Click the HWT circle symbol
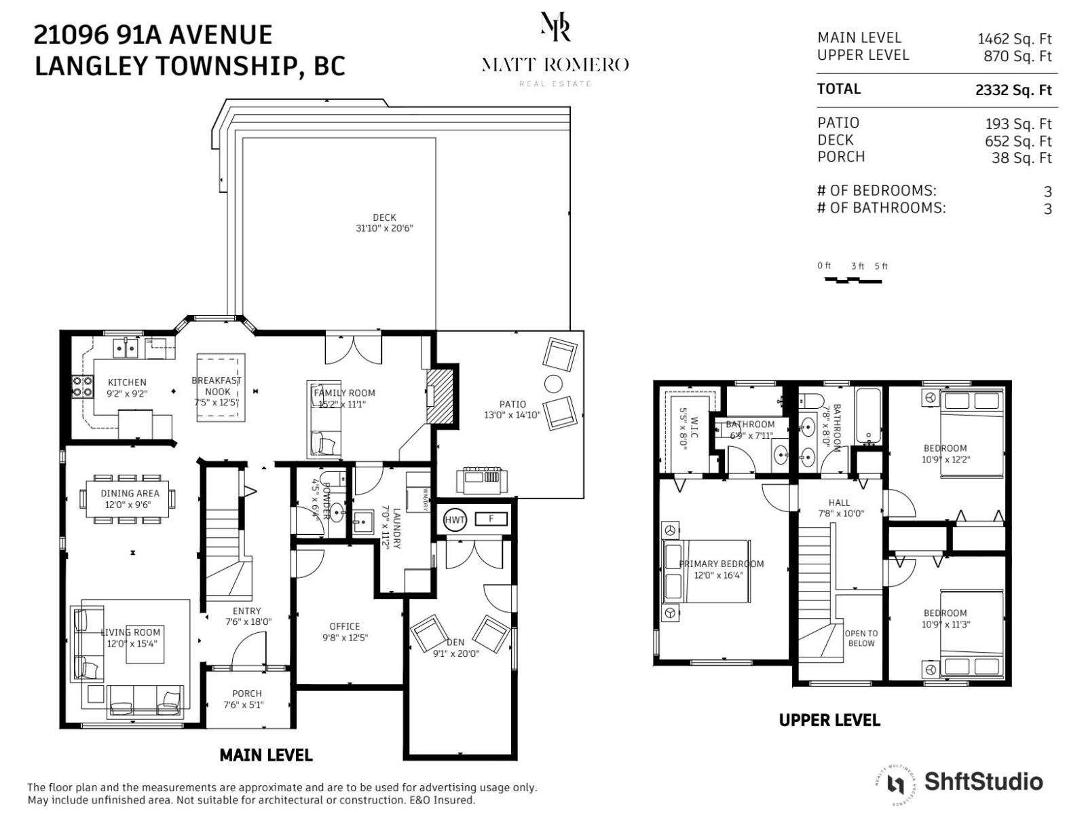point(455,520)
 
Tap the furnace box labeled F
point(491,520)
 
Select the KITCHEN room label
point(127,382)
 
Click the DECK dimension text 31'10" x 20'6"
point(384,228)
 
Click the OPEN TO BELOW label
point(861,638)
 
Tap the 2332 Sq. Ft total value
point(1013,90)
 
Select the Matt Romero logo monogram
point(555,27)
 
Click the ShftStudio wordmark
point(983,781)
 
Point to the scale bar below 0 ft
point(853,280)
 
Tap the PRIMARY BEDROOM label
point(722,564)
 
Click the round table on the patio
point(553,384)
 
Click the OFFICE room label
point(345,626)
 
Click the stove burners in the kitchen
point(83,386)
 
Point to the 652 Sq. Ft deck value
point(1017,141)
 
